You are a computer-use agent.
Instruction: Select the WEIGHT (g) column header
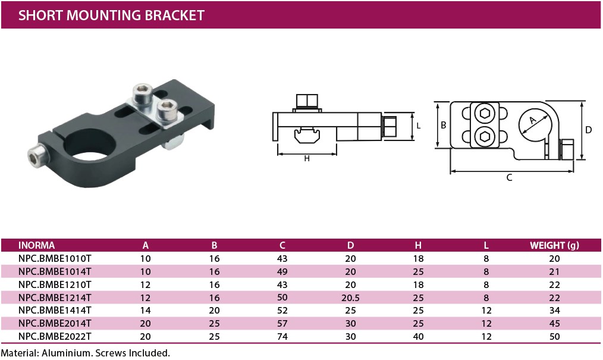(554, 245)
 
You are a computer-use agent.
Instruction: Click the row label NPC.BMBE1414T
(55, 310)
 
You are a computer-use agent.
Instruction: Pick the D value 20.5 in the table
(351, 297)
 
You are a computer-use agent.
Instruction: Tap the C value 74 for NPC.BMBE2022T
(282, 336)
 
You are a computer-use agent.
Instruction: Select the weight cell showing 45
(554, 323)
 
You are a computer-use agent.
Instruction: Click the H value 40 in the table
(419, 336)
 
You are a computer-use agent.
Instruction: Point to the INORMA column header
(37, 245)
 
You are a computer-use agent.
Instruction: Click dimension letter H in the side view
(307, 158)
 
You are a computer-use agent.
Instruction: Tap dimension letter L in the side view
(419, 126)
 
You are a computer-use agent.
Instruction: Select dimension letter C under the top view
(509, 177)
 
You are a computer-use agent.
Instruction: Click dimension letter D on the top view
(588, 130)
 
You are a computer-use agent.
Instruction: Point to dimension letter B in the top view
(443, 125)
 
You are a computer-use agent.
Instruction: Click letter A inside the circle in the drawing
(533, 121)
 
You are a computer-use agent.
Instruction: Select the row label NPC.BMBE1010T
(55, 258)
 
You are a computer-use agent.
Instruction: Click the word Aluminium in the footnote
(67, 353)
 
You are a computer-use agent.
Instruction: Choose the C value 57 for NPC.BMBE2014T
(282, 323)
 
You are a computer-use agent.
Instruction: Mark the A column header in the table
(146, 245)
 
